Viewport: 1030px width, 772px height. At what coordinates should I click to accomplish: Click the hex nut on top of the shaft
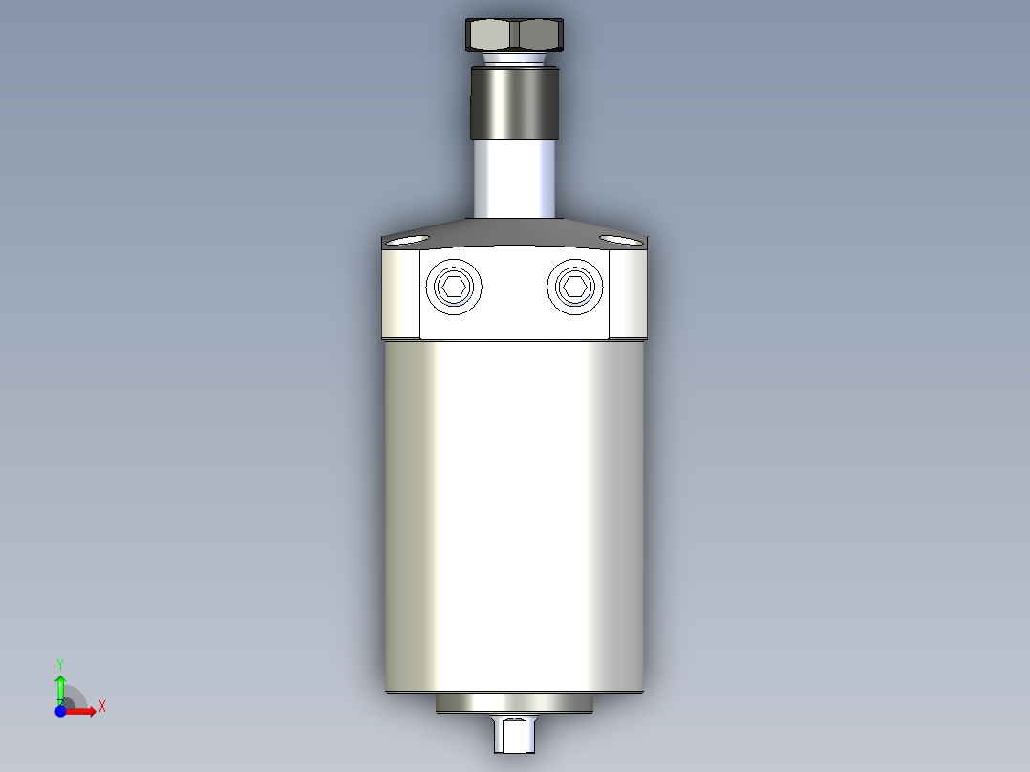[x=515, y=35]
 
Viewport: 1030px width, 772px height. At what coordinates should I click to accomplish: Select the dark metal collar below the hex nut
[x=515, y=103]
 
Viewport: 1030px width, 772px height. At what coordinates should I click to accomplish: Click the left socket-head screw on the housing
[x=455, y=286]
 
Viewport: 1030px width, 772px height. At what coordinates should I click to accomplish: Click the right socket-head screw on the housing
[x=575, y=286]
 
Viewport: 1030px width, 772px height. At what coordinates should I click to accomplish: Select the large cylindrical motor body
[x=515, y=516]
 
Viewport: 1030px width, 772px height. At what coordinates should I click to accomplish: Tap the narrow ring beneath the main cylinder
[x=515, y=703]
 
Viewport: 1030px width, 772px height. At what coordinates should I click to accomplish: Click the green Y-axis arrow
[x=59, y=685]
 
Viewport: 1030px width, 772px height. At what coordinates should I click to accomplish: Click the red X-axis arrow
[x=83, y=710]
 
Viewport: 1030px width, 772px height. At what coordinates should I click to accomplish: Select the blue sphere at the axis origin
[x=60, y=710]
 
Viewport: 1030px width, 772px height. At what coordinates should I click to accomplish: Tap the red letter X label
[x=101, y=707]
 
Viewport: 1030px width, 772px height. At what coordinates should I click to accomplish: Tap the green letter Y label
[x=59, y=662]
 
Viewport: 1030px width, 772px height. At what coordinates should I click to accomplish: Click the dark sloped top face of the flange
[x=515, y=230]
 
